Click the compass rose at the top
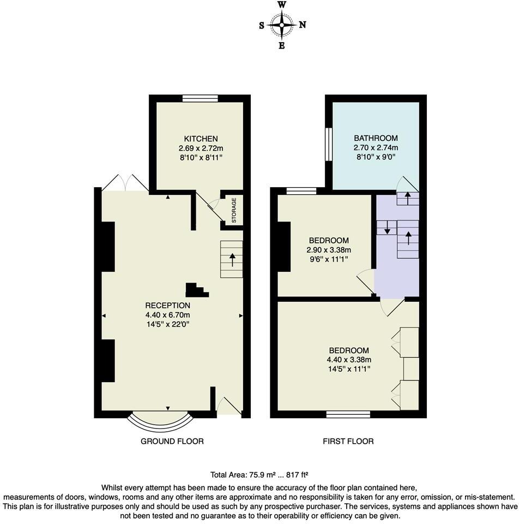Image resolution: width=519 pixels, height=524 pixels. [x=282, y=25]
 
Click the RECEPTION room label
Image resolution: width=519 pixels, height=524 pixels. [x=167, y=305]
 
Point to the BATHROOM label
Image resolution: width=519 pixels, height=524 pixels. [x=376, y=138]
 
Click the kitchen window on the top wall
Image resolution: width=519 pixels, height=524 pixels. [x=200, y=99]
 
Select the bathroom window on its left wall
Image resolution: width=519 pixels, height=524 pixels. [x=329, y=144]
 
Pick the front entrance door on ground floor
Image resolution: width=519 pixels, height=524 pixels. [x=229, y=406]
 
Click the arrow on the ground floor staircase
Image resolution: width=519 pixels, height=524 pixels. [x=233, y=259]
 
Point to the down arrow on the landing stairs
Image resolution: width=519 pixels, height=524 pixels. [x=387, y=228]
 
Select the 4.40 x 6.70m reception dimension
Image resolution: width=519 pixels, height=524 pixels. [x=167, y=315]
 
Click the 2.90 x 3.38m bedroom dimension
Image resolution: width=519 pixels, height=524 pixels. [x=329, y=250]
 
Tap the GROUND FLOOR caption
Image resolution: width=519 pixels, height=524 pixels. [x=172, y=441]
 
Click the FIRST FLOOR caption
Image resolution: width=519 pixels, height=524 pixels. [x=348, y=441]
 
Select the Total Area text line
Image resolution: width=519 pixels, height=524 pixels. [x=259, y=475]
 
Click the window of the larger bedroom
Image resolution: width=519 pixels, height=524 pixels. [x=348, y=414]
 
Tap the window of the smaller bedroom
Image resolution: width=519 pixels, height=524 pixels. [x=301, y=191]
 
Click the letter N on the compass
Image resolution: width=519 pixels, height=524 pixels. [x=303, y=25]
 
